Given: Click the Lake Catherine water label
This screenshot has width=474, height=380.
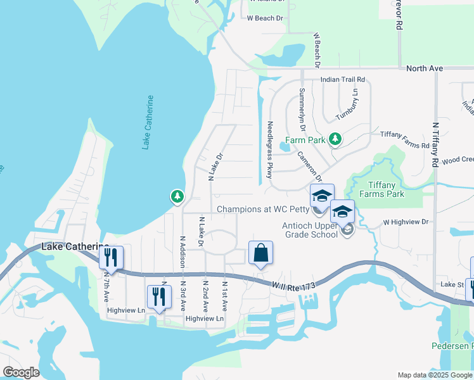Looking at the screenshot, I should coord(148,123).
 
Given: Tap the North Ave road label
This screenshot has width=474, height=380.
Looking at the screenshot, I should coord(424,68).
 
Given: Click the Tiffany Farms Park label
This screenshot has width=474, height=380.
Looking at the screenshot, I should coord(378,189).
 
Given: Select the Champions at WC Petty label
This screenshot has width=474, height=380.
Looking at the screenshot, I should coord(263,209).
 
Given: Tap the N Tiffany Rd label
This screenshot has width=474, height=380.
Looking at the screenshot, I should coord(435,144).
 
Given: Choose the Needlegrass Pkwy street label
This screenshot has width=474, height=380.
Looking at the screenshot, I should coord(270,150).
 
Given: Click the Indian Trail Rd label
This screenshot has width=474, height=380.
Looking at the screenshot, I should coord(343,80).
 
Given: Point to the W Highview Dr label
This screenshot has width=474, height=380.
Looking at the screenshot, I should coord(406,222).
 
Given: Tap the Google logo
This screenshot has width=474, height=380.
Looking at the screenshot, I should coord(22,372).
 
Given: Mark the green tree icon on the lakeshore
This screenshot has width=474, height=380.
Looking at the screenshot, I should coord(177,198).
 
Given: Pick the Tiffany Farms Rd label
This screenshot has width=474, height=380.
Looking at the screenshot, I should coord(404,139).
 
